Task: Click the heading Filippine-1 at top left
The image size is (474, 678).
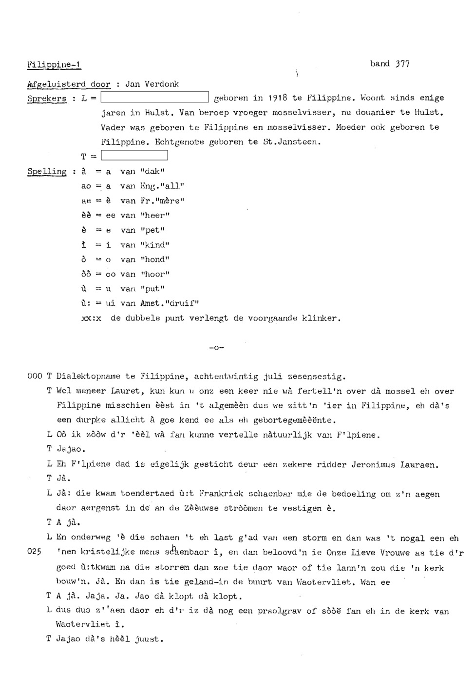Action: coord(54,64)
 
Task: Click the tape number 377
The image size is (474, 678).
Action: coord(402,64)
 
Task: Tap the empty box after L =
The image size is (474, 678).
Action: coord(154,98)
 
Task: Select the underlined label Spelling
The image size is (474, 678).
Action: coord(47,172)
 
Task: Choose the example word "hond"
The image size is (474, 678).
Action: coord(155,259)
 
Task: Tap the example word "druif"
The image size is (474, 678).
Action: coord(183,303)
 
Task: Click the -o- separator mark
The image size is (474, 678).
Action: coord(216,348)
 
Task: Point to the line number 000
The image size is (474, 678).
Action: coord(35,377)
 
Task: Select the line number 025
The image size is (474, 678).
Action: coord(35,553)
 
